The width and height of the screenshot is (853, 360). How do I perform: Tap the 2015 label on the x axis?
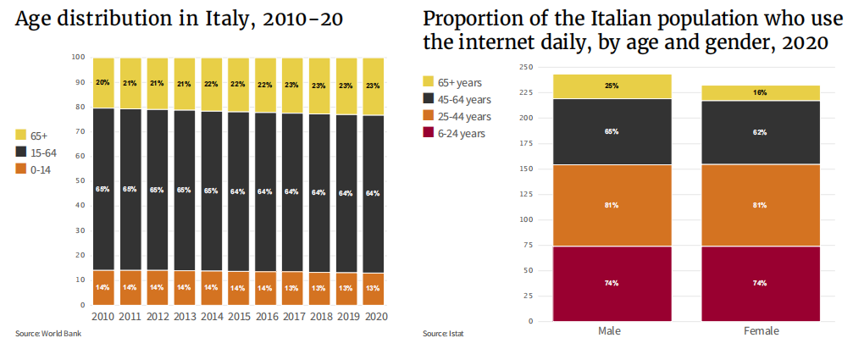[238, 317]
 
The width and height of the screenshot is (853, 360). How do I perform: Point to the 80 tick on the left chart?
[81, 107]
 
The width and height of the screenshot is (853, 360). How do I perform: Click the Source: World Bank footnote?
[47, 334]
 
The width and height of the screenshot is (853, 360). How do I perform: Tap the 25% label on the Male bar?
[612, 86]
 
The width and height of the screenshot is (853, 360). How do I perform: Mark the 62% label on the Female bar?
[761, 132]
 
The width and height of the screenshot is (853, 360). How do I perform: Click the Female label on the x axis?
[761, 331]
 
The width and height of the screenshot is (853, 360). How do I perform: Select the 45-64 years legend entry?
[467, 99]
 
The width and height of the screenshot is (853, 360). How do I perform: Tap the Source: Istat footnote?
[443, 334]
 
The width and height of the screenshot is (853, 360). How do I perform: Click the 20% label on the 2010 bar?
[103, 82]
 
